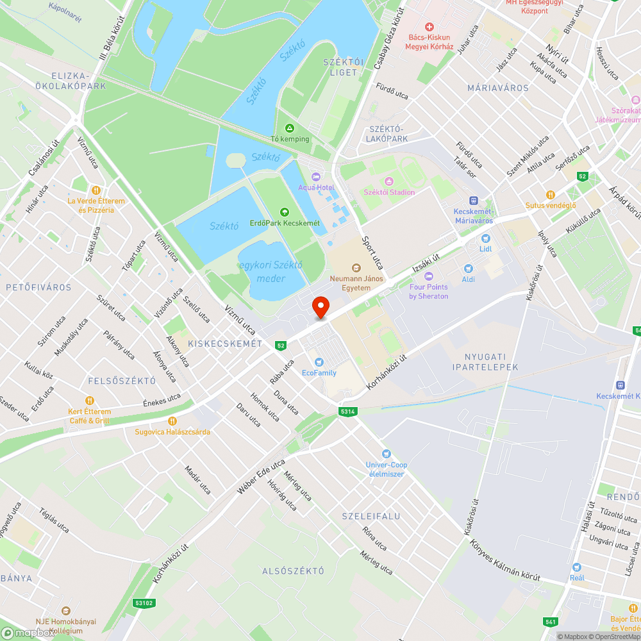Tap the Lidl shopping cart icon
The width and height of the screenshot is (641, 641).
486,237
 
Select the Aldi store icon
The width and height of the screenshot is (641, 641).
468,269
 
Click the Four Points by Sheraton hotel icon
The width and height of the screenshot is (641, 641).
429,276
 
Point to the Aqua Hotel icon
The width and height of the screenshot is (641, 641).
315,176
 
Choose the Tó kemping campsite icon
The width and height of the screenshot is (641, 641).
290,128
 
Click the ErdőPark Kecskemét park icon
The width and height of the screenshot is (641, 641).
284,212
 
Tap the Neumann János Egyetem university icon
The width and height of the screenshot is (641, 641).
356,268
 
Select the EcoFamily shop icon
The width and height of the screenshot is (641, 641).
319,362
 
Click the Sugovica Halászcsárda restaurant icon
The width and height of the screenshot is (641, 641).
172,421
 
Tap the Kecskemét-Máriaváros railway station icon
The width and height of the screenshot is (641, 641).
473,201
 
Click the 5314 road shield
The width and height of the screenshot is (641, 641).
347,411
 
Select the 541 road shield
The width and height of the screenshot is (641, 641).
550,621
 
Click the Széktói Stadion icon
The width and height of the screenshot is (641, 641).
388,181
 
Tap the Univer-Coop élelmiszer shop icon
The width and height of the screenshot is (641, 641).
386,454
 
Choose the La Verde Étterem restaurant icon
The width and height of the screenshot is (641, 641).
96,190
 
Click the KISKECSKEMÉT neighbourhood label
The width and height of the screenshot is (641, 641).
225,344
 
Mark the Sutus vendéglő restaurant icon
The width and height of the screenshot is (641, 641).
550,195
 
